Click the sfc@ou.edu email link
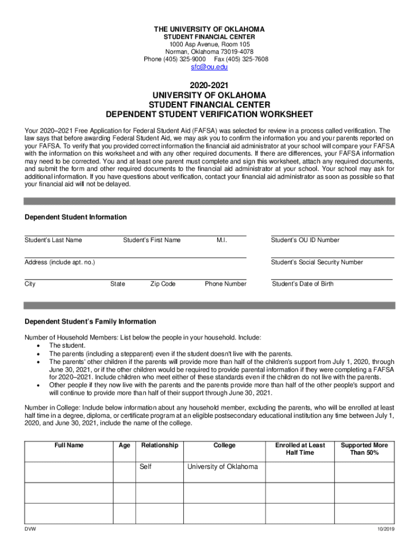coord(209,67)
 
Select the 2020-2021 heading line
coord(209,85)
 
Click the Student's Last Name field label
coord(53,240)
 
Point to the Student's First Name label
coord(152,240)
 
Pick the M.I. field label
coord(221,240)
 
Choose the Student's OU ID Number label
coord(305,240)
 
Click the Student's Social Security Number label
coord(317,262)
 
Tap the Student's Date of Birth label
coord(303,284)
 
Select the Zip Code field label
coord(163,284)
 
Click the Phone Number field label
coord(225,284)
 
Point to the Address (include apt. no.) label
coord(60,262)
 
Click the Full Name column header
coord(69,445)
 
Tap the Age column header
coord(124,445)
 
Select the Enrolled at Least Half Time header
coord(300,449)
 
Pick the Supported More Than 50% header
coord(365,449)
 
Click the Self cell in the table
coord(146,467)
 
